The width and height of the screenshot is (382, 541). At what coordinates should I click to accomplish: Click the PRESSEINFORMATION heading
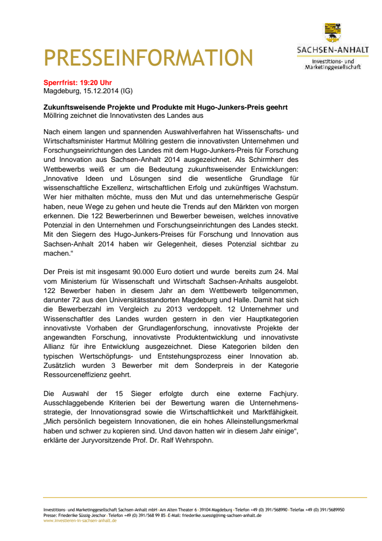pyautogui.click(x=148, y=57)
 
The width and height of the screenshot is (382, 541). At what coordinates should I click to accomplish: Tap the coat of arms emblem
pyautogui.click(x=332, y=33)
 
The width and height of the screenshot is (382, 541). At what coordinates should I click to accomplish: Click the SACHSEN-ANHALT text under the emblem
pyautogui.click(x=333, y=50)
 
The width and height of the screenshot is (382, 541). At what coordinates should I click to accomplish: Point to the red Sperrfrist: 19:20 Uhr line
pyautogui.click(x=77, y=82)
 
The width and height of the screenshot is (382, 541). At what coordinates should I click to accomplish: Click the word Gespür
pyautogui.click(x=284, y=197)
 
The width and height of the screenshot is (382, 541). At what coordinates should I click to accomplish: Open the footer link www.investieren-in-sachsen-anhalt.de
pyautogui.click(x=79, y=520)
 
